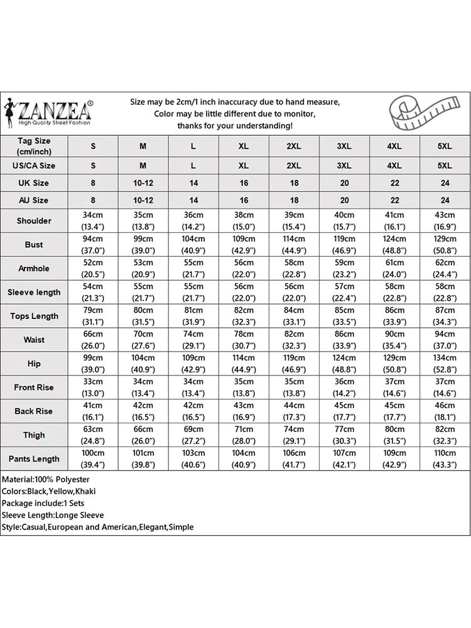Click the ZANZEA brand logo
point(49,113)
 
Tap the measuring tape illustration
point(429,113)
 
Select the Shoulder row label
point(34,221)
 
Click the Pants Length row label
point(34,459)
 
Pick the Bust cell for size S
point(93,244)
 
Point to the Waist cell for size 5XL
point(445,340)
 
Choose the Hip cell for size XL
point(244,364)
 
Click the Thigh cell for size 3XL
point(344,435)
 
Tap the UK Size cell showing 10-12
point(143,183)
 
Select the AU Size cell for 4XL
point(394,200)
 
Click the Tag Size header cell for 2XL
point(294,146)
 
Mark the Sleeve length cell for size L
point(193,292)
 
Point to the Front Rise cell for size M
point(143,387)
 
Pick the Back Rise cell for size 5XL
point(445,411)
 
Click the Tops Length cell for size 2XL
point(294,316)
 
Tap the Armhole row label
point(34,269)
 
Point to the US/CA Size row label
point(34,166)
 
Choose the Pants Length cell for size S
point(93,459)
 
